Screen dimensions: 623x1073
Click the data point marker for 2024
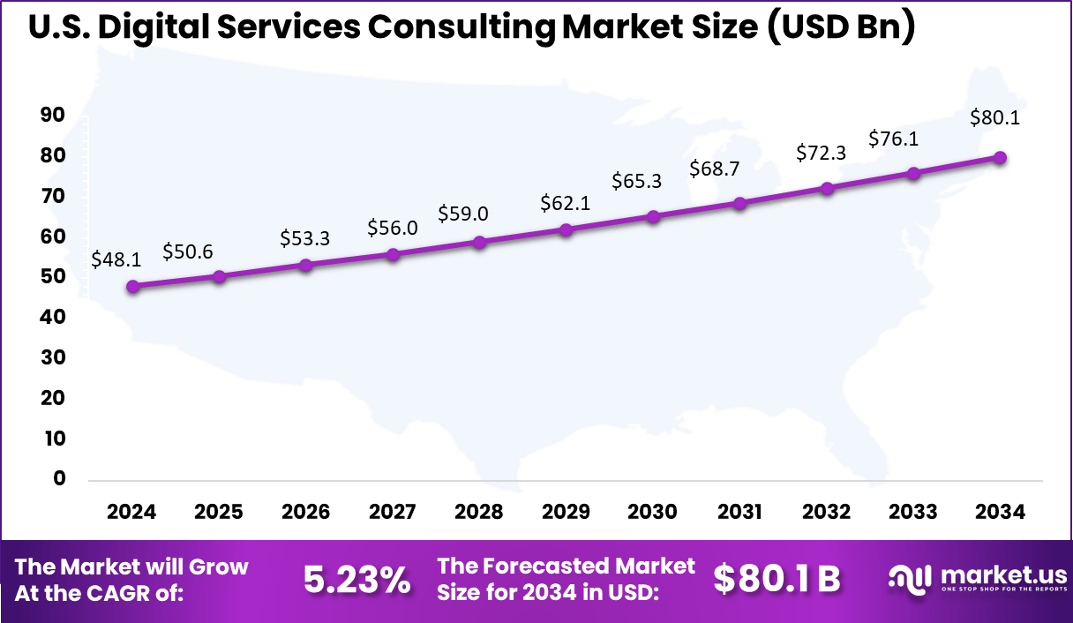(132, 286)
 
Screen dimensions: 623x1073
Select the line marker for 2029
(567, 229)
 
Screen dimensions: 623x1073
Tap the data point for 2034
(1000, 157)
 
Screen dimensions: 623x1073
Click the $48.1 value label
(116, 259)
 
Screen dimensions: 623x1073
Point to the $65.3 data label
(637, 182)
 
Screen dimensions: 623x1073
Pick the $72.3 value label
(821, 152)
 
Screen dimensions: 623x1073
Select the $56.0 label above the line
(393, 229)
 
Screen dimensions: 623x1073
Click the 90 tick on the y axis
(53, 115)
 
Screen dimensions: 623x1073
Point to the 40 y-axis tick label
(53, 317)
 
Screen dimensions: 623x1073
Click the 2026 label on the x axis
(305, 513)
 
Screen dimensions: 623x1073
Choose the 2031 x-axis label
(739, 513)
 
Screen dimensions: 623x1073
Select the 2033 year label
(913, 513)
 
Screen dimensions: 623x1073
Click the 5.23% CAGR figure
(356, 580)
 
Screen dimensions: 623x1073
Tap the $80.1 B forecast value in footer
(777, 580)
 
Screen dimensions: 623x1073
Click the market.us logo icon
(909, 578)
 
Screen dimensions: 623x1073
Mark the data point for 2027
(393, 254)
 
